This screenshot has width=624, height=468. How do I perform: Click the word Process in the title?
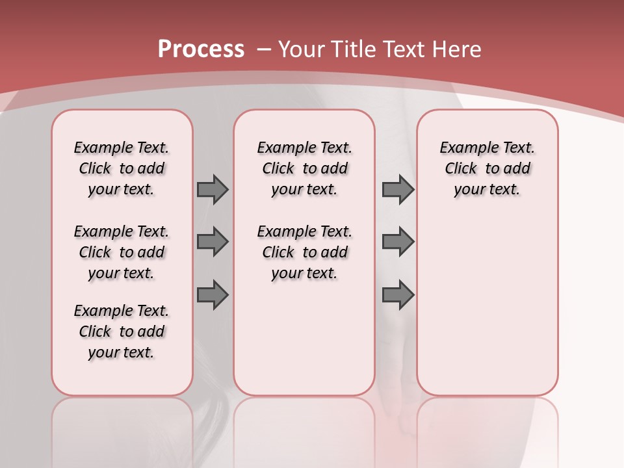pyautogui.click(x=201, y=49)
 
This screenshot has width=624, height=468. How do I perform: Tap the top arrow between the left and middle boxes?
pyautogui.click(x=213, y=189)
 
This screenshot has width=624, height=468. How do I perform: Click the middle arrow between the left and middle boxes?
pyautogui.click(x=213, y=242)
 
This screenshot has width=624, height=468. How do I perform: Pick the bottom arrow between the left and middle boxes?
pyautogui.click(x=213, y=294)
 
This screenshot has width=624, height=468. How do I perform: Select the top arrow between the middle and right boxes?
pyautogui.click(x=398, y=189)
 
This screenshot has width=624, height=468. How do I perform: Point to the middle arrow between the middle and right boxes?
pyautogui.click(x=398, y=242)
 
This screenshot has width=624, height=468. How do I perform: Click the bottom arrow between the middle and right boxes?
pyautogui.click(x=398, y=294)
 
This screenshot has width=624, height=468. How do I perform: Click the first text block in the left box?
pyautogui.click(x=122, y=168)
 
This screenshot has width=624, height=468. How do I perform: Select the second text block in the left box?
pyautogui.click(x=122, y=252)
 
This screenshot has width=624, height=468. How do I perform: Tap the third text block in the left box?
pyautogui.click(x=122, y=331)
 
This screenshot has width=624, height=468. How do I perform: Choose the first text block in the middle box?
pyautogui.click(x=304, y=168)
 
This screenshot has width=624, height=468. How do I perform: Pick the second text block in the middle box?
pyautogui.click(x=304, y=252)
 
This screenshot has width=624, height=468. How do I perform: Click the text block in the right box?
pyautogui.click(x=487, y=168)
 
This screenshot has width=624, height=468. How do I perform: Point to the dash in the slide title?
pyautogui.click(x=264, y=49)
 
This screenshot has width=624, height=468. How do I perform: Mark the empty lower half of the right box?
pyautogui.click(x=487, y=305)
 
